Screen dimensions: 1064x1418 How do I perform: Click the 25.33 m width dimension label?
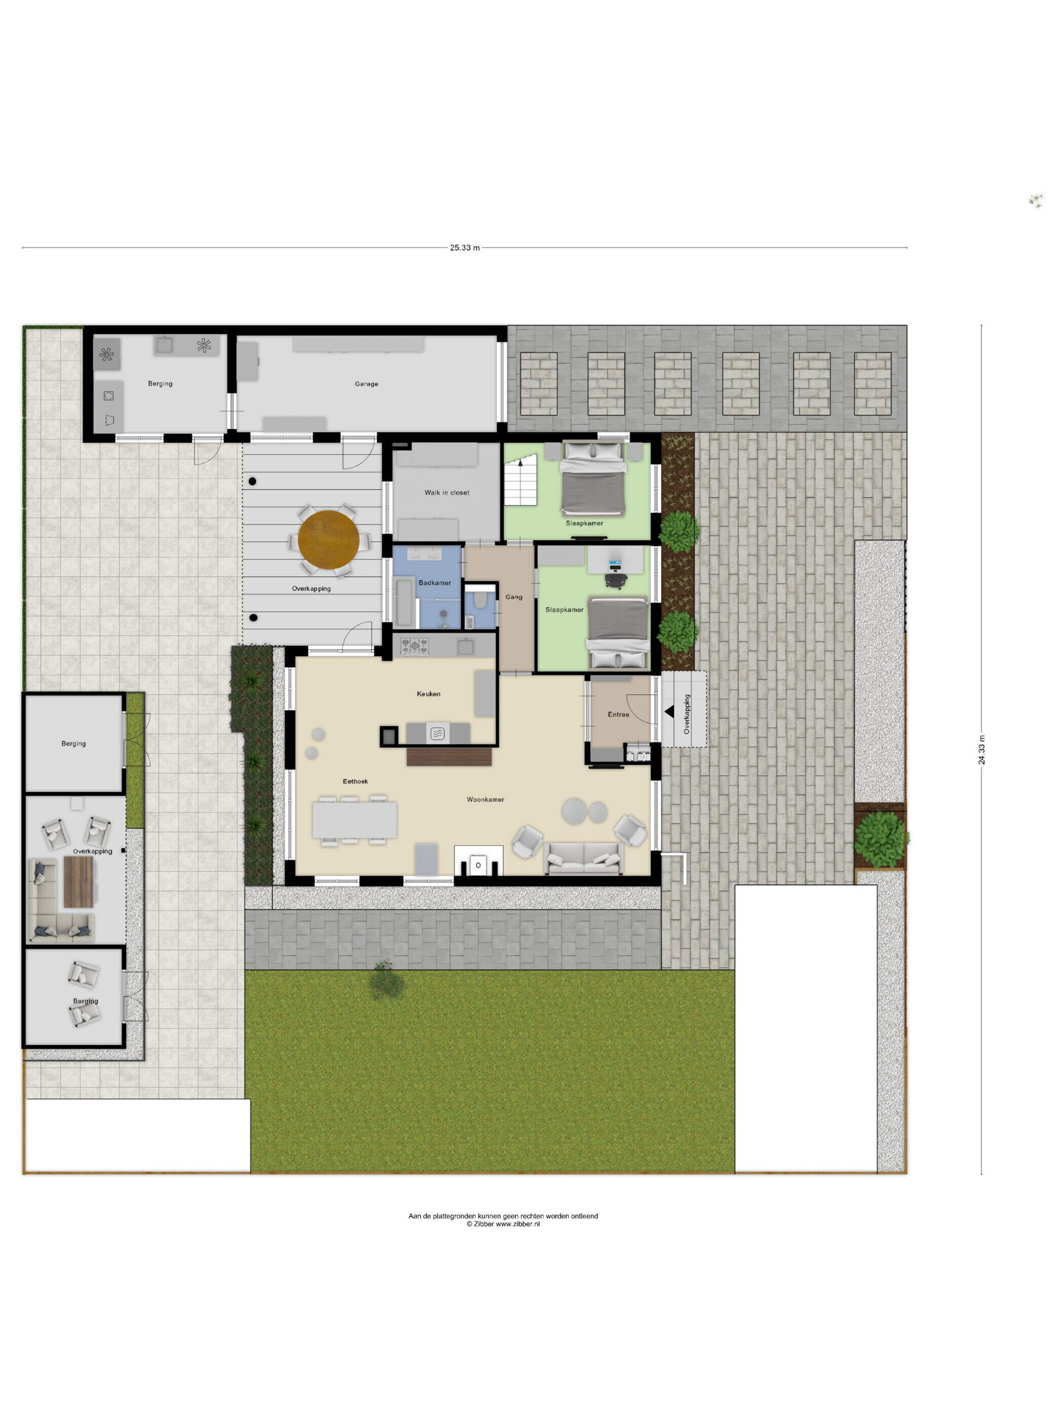coord(464,248)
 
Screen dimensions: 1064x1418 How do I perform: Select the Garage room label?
coord(366,384)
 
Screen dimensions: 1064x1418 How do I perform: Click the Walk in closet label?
coord(446,493)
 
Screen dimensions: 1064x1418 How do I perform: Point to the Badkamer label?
coord(435,583)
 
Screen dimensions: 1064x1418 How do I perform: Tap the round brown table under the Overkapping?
coord(328,539)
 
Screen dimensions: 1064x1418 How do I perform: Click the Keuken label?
coord(429,694)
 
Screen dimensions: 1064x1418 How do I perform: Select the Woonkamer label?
coord(485,799)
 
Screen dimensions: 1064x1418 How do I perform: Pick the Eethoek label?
coord(355,781)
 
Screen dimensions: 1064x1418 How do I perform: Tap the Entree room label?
coord(618,714)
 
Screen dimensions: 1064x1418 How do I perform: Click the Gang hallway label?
coord(514,597)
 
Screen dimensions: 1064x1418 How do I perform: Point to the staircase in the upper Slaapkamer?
coord(520,482)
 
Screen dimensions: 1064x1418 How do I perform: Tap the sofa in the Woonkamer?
coord(583,858)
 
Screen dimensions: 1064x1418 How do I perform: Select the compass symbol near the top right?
coord(1035,201)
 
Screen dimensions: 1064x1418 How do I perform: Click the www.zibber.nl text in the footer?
coord(518,1224)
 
